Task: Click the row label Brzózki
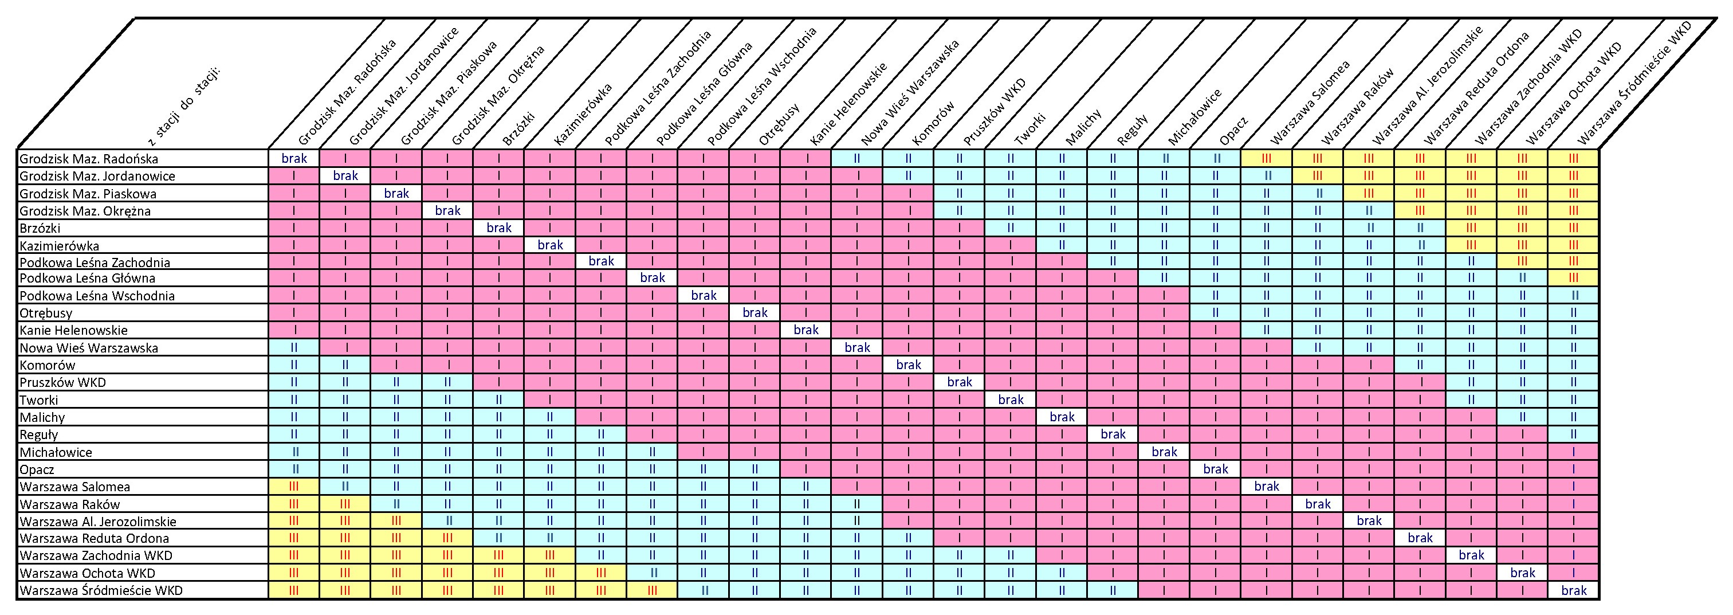point(40,228)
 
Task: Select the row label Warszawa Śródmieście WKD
point(101,591)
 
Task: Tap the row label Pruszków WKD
point(62,382)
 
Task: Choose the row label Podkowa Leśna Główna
point(88,278)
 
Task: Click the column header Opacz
point(1234,131)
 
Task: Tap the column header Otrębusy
point(779,124)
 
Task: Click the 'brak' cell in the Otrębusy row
point(755,313)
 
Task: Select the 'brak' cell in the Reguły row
point(1113,434)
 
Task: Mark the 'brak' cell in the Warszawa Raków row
point(1317,504)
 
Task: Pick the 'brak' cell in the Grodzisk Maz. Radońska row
point(294,159)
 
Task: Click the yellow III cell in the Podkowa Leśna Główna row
point(1573,278)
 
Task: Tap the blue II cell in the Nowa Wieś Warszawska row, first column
point(294,348)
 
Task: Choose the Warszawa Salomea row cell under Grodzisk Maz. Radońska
point(294,487)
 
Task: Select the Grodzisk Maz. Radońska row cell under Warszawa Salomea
point(1266,159)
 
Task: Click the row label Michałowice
point(56,452)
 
